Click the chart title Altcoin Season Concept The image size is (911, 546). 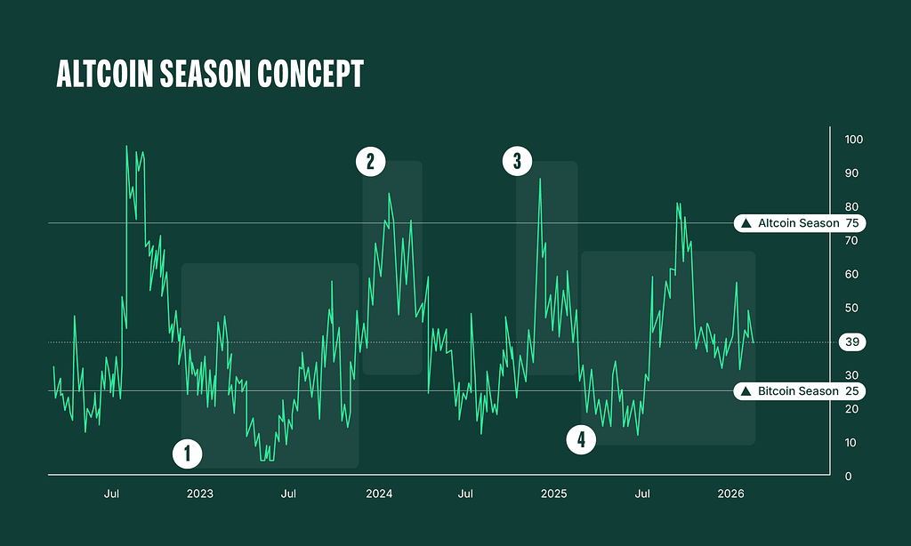coord(210,75)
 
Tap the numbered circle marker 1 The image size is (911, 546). coord(187,454)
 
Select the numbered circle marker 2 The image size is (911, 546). coord(370,161)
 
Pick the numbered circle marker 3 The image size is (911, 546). coord(517,161)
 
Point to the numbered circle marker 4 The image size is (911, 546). coord(581,439)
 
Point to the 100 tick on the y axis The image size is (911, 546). coord(854,140)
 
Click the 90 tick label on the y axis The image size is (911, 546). coord(851,173)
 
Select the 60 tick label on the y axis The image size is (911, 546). coord(851,275)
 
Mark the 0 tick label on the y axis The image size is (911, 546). coord(849,477)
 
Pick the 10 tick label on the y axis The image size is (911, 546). coord(851,443)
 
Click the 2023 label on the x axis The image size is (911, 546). coord(200,494)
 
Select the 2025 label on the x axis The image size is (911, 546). coord(553,494)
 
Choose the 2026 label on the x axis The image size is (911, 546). coord(730,494)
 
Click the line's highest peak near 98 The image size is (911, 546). coord(126,146)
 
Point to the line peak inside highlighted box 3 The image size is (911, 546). coord(540,180)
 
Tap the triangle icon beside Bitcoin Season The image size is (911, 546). coord(746,391)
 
